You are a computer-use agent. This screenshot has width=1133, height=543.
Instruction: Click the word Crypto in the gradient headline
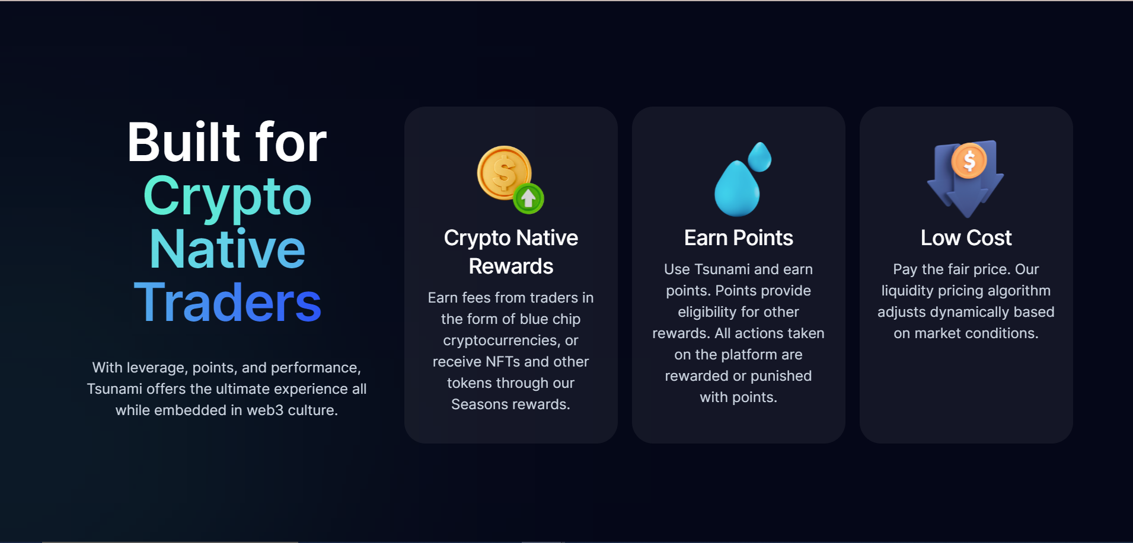pos(227,197)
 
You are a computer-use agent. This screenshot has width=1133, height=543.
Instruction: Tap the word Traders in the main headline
pos(228,303)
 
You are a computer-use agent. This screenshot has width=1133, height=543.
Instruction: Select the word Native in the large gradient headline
pos(227,249)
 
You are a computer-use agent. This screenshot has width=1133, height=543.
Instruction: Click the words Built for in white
pos(227,143)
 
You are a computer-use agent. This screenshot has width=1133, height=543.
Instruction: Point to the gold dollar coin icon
pos(503,172)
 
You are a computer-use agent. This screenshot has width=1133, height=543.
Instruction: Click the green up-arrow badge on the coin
pos(528,198)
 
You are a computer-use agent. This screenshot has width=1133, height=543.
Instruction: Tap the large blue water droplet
pos(736,189)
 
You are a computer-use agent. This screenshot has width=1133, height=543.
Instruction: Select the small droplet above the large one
pos(759,156)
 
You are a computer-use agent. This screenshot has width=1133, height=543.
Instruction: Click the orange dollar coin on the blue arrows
pos(969,160)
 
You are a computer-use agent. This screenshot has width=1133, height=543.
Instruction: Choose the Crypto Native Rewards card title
pos(511,252)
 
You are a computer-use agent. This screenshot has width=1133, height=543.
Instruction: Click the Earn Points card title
pos(738,238)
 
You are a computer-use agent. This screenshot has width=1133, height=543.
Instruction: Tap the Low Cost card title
pos(966,238)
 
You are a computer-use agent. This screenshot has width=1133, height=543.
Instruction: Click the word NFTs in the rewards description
pos(503,362)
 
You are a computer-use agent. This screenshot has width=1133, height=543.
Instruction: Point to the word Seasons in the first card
pos(475,404)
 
